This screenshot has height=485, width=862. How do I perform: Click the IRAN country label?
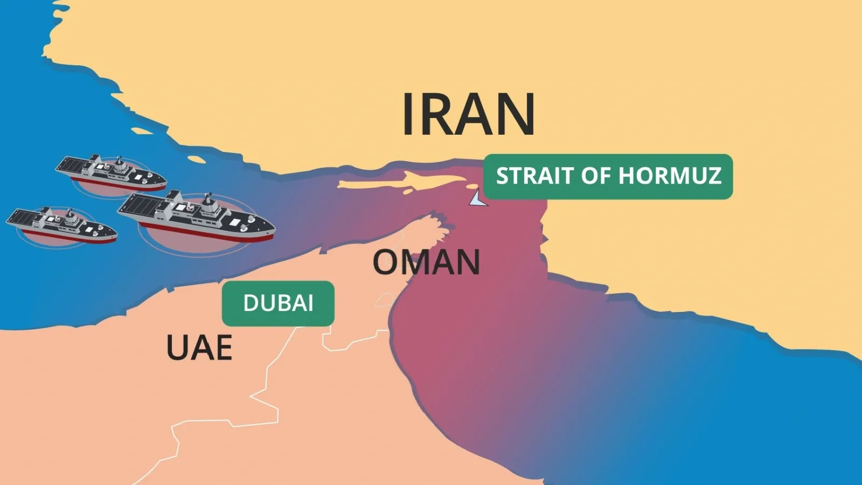tap(468, 114)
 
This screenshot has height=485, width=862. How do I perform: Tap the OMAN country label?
tap(426, 262)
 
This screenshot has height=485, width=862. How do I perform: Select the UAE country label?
tap(199, 348)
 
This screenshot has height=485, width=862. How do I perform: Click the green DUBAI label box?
tap(278, 303)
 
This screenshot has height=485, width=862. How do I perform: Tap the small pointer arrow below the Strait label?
tap(477, 199)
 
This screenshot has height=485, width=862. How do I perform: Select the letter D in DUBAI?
tap(251, 303)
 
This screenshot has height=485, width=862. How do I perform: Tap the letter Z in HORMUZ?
tap(714, 176)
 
